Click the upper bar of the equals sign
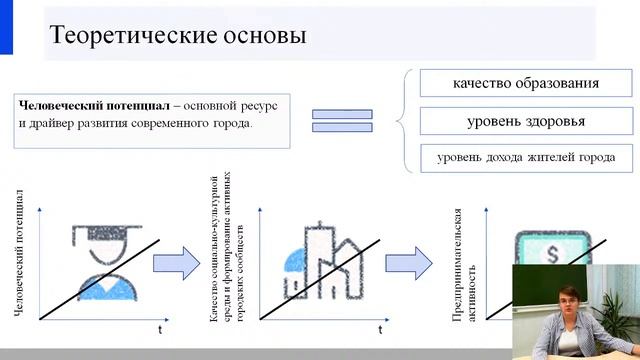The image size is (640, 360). [x=342, y=114]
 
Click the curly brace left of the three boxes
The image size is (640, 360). [x=402, y=121]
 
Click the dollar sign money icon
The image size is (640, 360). [x=540, y=250]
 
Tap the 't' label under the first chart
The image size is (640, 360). [x=159, y=328]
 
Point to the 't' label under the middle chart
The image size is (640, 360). [x=380, y=328]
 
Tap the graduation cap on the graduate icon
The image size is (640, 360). [x=99, y=232]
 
